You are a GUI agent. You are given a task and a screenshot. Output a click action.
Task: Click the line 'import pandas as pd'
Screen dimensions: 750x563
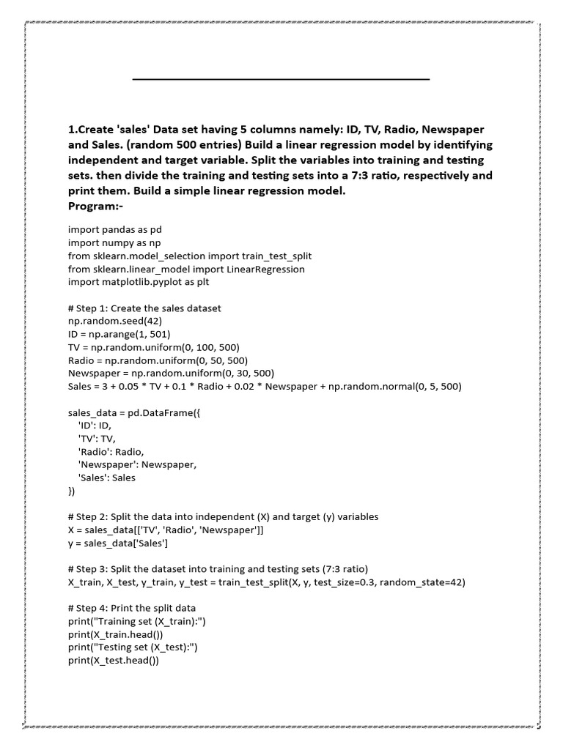click(x=115, y=229)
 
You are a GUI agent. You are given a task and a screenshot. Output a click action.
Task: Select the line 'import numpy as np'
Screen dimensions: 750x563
click(x=114, y=242)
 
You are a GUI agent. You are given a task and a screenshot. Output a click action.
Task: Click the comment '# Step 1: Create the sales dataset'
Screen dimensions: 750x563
click(x=144, y=308)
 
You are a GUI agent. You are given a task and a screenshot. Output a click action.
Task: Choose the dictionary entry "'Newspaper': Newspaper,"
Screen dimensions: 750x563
click(x=137, y=464)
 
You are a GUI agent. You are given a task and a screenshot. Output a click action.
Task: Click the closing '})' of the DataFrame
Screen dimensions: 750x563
click(x=72, y=491)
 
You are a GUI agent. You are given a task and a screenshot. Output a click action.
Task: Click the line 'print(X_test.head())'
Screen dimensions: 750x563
click(x=114, y=660)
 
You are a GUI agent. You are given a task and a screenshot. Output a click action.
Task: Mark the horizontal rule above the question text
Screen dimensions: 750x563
click(x=281, y=78)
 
